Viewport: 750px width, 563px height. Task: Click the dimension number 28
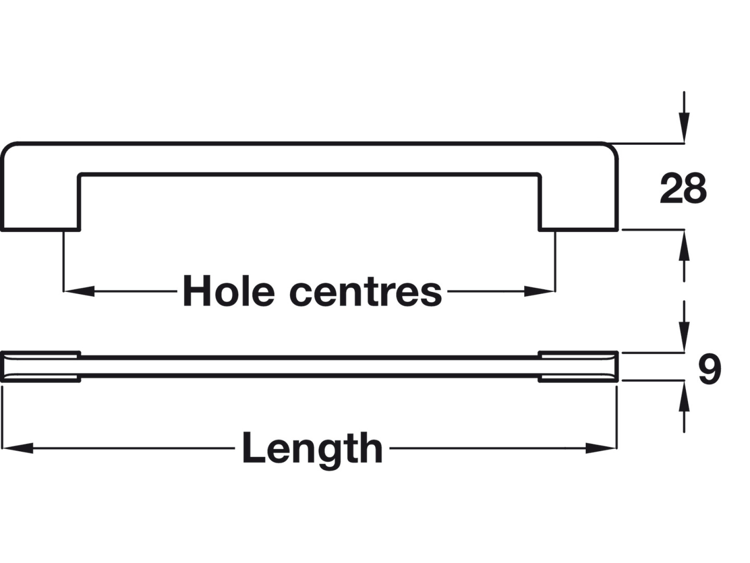coord(683,189)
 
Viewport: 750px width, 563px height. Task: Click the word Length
coord(312,448)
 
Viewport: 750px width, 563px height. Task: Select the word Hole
coord(228,291)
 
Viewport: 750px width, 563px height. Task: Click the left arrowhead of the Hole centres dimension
coord(79,291)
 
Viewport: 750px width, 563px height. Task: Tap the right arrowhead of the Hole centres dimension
coord(539,291)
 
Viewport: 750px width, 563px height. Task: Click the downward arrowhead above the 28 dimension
coord(684,127)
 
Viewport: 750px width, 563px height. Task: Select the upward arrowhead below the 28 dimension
coord(684,246)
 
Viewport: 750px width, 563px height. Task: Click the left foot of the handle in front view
coord(40,209)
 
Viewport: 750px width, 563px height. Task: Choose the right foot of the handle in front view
coord(578,209)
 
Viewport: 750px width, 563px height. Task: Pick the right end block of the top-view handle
coord(578,367)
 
